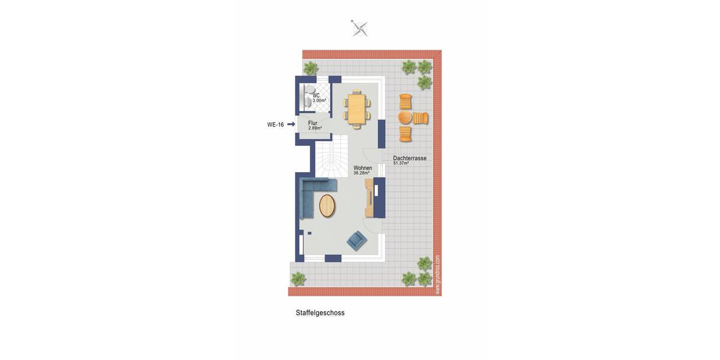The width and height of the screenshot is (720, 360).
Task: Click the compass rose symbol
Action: click(x=359, y=28)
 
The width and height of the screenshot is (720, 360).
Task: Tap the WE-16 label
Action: click(x=275, y=125)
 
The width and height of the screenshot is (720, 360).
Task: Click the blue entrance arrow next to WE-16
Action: click(x=291, y=124)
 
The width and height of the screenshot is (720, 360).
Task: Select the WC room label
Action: click(x=316, y=95)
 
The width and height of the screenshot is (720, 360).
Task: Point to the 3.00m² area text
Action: click(x=319, y=101)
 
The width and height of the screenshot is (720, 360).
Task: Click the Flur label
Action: click(x=313, y=123)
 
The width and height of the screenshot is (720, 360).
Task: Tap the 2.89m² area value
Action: click(x=315, y=128)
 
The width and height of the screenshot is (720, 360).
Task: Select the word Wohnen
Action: click(x=362, y=168)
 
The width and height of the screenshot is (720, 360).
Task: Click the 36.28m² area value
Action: click(x=361, y=173)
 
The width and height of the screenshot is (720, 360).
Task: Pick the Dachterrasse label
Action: click(x=410, y=158)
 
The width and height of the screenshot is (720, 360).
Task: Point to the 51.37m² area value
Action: click(x=401, y=163)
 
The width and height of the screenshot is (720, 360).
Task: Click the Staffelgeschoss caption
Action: click(x=320, y=313)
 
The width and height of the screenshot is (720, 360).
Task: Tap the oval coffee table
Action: click(x=328, y=206)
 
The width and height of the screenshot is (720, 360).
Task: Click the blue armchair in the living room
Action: click(x=356, y=241)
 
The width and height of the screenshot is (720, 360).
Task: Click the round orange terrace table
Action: click(x=406, y=117)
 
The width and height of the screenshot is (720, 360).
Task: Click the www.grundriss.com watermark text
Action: click(x=437, y=275)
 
